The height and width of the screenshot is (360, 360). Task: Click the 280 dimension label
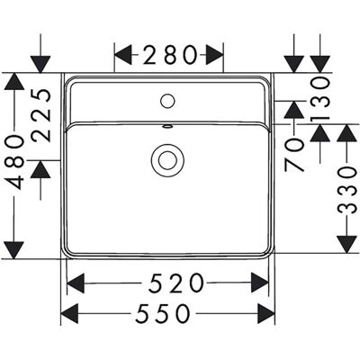pos(169,55)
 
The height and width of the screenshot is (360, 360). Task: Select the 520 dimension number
pos(176,283)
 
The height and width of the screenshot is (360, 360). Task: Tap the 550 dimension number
pos(163,313)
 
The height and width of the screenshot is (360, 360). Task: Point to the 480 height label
pos(14,162)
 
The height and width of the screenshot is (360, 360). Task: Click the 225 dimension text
pos(41,115)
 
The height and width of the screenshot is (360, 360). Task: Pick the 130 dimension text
pos(320,98)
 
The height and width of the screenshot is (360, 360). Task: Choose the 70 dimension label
pos(294,155)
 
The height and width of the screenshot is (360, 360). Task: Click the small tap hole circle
pos(167,101)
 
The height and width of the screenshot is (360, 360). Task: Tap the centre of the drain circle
pos(167,159)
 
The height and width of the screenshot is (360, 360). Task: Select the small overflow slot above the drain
pos(167,127)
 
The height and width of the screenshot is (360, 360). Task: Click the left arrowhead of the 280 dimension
pos(123,55)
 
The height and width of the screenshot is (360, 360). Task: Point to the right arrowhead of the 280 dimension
pos(214,55)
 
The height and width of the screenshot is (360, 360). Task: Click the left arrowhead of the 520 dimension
pos(76,283)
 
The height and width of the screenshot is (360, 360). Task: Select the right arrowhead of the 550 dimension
pos(266,313)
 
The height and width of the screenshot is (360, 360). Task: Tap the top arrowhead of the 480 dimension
pos(14,81)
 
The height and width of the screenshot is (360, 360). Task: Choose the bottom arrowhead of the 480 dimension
pos(14,250)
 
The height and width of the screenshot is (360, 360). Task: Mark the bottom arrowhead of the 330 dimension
pos(347,244)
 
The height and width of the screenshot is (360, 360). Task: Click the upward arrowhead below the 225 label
pos(40,169)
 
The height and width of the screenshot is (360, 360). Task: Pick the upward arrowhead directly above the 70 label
pos(294,110)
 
